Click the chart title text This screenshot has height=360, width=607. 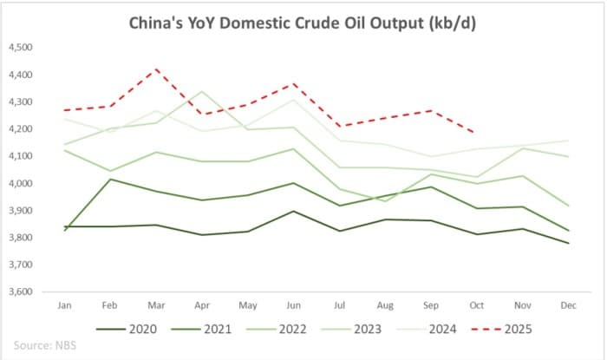coord(303,23)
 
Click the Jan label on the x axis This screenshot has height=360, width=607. coord(64,307)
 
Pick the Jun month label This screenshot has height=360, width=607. coord(294,307)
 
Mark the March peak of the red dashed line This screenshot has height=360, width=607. coord(156,69)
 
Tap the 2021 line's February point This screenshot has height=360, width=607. coord(110,180)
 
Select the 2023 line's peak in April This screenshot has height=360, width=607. coord(202,91)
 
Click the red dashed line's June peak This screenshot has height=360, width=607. coord(294,83)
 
